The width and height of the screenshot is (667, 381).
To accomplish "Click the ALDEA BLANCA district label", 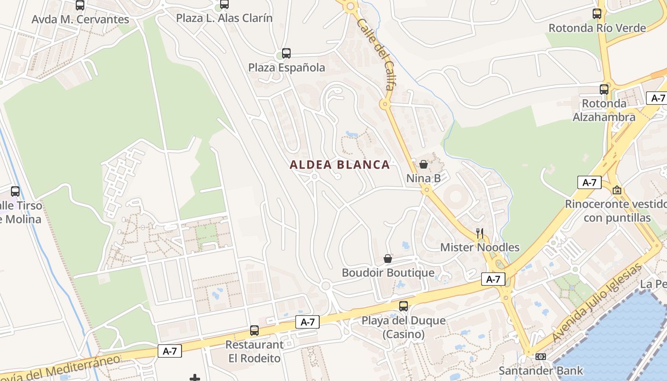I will coord(340,165).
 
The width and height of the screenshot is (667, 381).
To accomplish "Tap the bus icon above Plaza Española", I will coord(286,53).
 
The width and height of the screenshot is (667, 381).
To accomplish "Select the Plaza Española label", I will coord(286,68).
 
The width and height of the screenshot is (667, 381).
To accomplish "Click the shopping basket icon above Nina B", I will coord(423,165).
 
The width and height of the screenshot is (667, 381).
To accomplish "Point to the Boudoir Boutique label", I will coord(388,273).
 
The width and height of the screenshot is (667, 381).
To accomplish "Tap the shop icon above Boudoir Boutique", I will coord(388,259).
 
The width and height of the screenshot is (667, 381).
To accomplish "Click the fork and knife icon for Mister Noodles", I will coord(479,233).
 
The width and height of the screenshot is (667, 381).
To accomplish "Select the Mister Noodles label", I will coord(479,247).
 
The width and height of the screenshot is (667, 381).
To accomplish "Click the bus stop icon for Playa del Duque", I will coord(404,306).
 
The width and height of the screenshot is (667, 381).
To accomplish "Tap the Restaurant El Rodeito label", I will coord(254,351).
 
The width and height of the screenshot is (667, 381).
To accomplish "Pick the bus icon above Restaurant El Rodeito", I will coord(254,331).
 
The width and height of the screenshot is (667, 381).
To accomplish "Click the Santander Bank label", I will coord(540,371).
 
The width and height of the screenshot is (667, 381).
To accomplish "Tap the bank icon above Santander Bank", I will coord(540,356).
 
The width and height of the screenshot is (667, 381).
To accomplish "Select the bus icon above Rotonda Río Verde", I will coord(597,14).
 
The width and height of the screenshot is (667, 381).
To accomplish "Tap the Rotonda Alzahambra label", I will coord(604,110).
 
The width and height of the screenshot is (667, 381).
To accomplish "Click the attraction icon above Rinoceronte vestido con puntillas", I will coord(617,190).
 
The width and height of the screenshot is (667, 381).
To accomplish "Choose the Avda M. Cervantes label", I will coord(80,20).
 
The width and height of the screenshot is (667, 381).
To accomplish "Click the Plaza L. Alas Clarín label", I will coord(224,18).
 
